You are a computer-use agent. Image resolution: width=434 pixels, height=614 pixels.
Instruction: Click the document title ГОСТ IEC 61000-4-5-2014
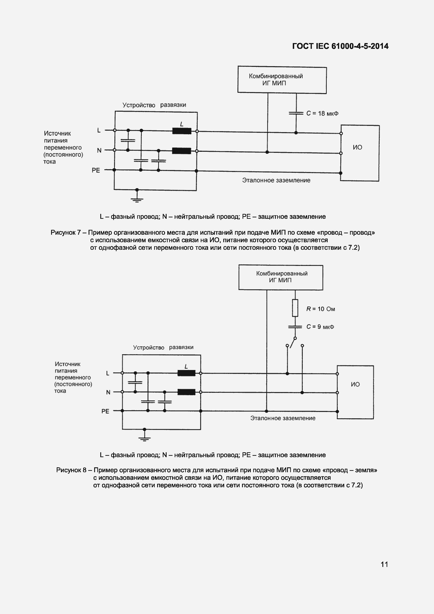[340, 46]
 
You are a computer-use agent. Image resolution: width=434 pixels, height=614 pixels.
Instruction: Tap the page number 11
[384, 564]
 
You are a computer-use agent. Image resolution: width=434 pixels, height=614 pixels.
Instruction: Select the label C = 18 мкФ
[322, 113]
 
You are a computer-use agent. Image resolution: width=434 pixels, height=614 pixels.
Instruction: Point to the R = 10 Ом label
[321, 309]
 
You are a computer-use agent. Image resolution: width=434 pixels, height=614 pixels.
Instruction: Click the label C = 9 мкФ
[320, 327]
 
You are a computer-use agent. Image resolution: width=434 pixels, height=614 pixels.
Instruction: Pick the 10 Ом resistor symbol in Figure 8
[295, 308]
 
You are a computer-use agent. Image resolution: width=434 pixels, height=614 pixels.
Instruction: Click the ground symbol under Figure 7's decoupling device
[137, 199]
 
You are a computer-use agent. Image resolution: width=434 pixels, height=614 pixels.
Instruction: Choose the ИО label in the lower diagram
[355, 384]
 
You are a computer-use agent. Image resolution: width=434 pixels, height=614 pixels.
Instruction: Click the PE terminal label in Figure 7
[96, 170]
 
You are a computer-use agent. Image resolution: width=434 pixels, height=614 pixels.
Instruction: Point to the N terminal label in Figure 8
[108, 392]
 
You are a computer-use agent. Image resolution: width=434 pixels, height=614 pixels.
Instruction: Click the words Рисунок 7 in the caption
[65, 232]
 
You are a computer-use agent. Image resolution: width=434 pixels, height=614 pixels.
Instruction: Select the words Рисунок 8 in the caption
[71, 470]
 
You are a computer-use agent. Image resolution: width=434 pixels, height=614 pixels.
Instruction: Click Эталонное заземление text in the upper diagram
[276, 180]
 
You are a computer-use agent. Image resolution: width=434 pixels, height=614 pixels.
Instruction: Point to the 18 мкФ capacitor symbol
[296, 113]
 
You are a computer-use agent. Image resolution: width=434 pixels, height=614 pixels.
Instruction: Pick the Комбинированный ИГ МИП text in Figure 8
[282, 277]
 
